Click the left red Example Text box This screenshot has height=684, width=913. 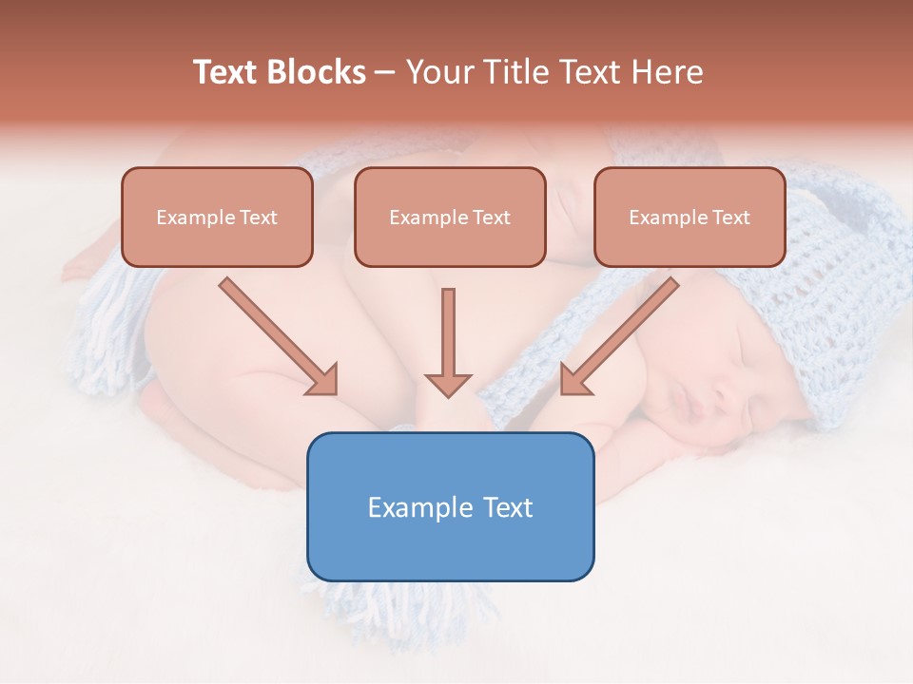click(217, 218)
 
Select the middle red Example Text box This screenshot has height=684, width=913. click(450, 218)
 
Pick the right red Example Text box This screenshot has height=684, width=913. click(690, 218)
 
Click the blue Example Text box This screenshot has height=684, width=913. click(450, 506)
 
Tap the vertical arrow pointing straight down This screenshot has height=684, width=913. click(448, 342)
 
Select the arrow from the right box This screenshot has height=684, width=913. click(619, 336)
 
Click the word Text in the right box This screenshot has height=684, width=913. click(729, 218)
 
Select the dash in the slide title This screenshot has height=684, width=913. click(385, 73)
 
